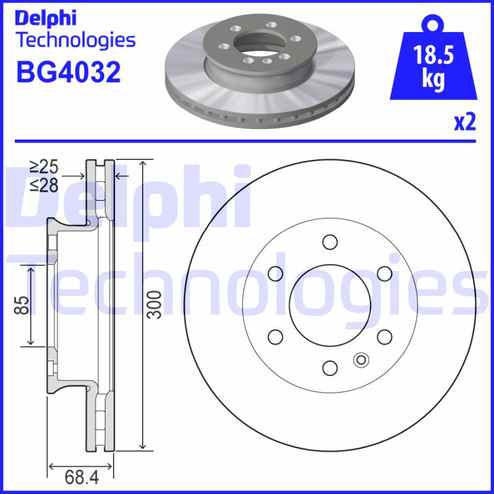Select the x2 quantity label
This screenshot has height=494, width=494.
(x=464, y=122)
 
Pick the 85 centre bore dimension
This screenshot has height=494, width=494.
(x=22, y=304)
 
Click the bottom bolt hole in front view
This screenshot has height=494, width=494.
(x=330, y=368)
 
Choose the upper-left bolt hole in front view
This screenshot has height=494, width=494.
(x=275, y=273)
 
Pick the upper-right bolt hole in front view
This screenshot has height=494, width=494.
(x=385, y=273)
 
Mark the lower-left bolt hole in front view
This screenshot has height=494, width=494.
(x=275, y=336)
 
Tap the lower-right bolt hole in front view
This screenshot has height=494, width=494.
(x=385, y=336)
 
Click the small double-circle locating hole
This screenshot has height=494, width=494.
(x=360, y=359)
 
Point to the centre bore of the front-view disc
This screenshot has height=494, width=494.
(x=330, y=304)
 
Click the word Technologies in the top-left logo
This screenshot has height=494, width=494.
(x=75, y=41)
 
